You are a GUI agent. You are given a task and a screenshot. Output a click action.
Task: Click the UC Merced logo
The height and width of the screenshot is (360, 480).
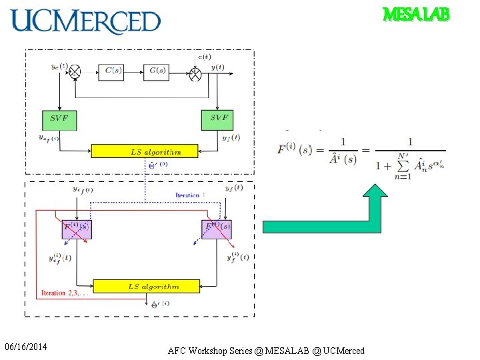pos(86,21)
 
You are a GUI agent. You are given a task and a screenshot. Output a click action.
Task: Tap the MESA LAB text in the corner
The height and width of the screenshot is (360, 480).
pos(416,14)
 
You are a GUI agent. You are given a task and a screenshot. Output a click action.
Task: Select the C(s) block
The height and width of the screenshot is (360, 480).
pos(111,71)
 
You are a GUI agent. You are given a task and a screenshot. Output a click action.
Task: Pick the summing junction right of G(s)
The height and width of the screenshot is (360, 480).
pos(195,71)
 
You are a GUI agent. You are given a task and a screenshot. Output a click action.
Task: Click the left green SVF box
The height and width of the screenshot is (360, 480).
pos(59,119)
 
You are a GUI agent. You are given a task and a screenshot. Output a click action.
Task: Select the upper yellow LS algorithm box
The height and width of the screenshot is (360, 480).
pos(145,151)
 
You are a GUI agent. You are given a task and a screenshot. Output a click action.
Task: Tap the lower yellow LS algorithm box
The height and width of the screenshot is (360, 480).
pos(145,287)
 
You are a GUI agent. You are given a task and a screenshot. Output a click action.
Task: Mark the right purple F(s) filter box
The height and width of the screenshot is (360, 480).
pos(217,228)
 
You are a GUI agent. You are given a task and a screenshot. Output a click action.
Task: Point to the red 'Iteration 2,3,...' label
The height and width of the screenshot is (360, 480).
pos(63,293)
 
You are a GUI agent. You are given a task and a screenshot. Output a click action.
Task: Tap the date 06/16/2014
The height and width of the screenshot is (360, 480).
pos(25,347)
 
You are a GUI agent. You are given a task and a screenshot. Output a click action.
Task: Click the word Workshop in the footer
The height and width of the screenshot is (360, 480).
pos(213,351)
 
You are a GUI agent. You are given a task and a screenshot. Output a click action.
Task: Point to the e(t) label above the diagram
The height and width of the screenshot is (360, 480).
pos(205,57)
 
